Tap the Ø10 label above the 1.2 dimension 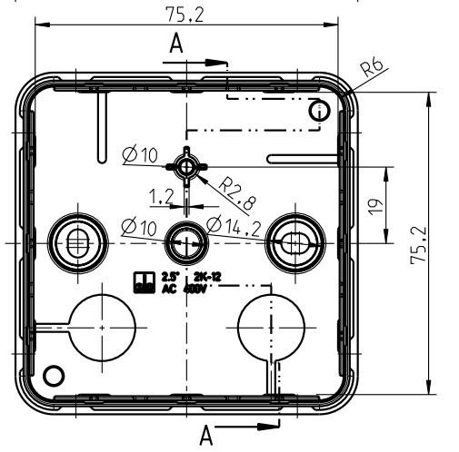coord(139,155)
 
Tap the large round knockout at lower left coord(104,325)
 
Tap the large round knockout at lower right coord(270,323)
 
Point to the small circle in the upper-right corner coord(317,110)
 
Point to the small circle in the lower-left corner coord(55,374)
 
